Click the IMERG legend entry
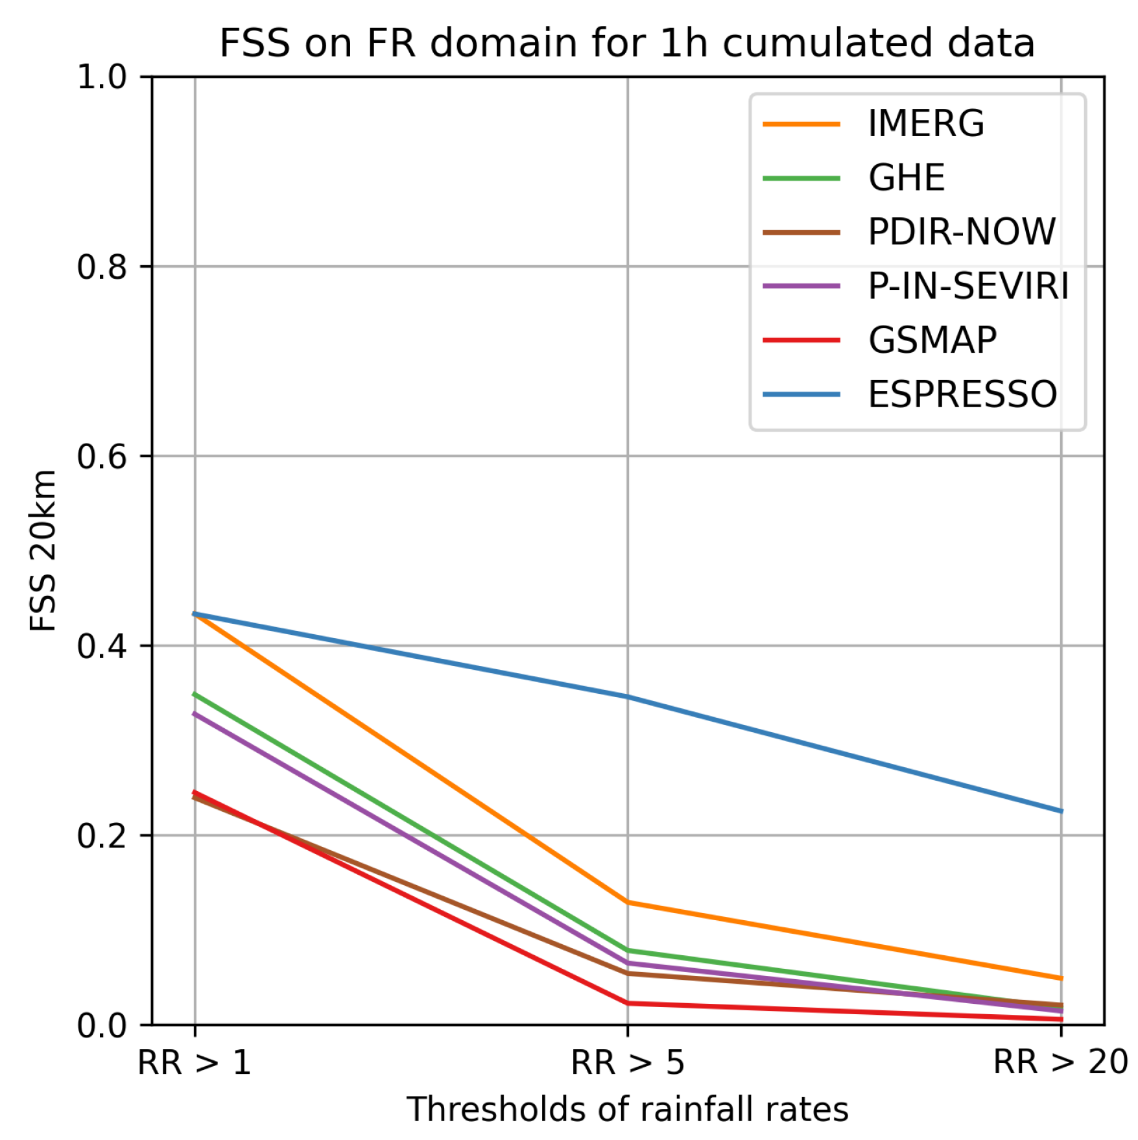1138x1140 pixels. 925,123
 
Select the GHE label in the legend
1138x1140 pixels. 906,178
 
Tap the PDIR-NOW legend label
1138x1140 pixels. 962,232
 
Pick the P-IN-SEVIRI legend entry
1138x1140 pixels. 968,286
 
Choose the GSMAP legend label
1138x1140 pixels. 932,340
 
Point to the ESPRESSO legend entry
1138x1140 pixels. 962,394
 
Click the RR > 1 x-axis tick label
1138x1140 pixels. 195,1063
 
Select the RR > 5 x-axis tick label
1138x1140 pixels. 627,1063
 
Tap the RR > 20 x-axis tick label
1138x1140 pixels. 1060,1063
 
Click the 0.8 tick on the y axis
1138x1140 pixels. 102,267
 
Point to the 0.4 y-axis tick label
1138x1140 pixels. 102,646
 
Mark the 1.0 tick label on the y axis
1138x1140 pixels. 102,77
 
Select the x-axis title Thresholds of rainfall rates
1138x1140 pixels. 627,1110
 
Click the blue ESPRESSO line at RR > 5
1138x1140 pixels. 627,697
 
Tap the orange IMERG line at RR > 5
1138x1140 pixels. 627,902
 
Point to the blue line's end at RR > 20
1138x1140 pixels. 1060,811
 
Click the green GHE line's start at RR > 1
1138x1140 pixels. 195,694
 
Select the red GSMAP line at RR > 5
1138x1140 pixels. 627,1003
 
